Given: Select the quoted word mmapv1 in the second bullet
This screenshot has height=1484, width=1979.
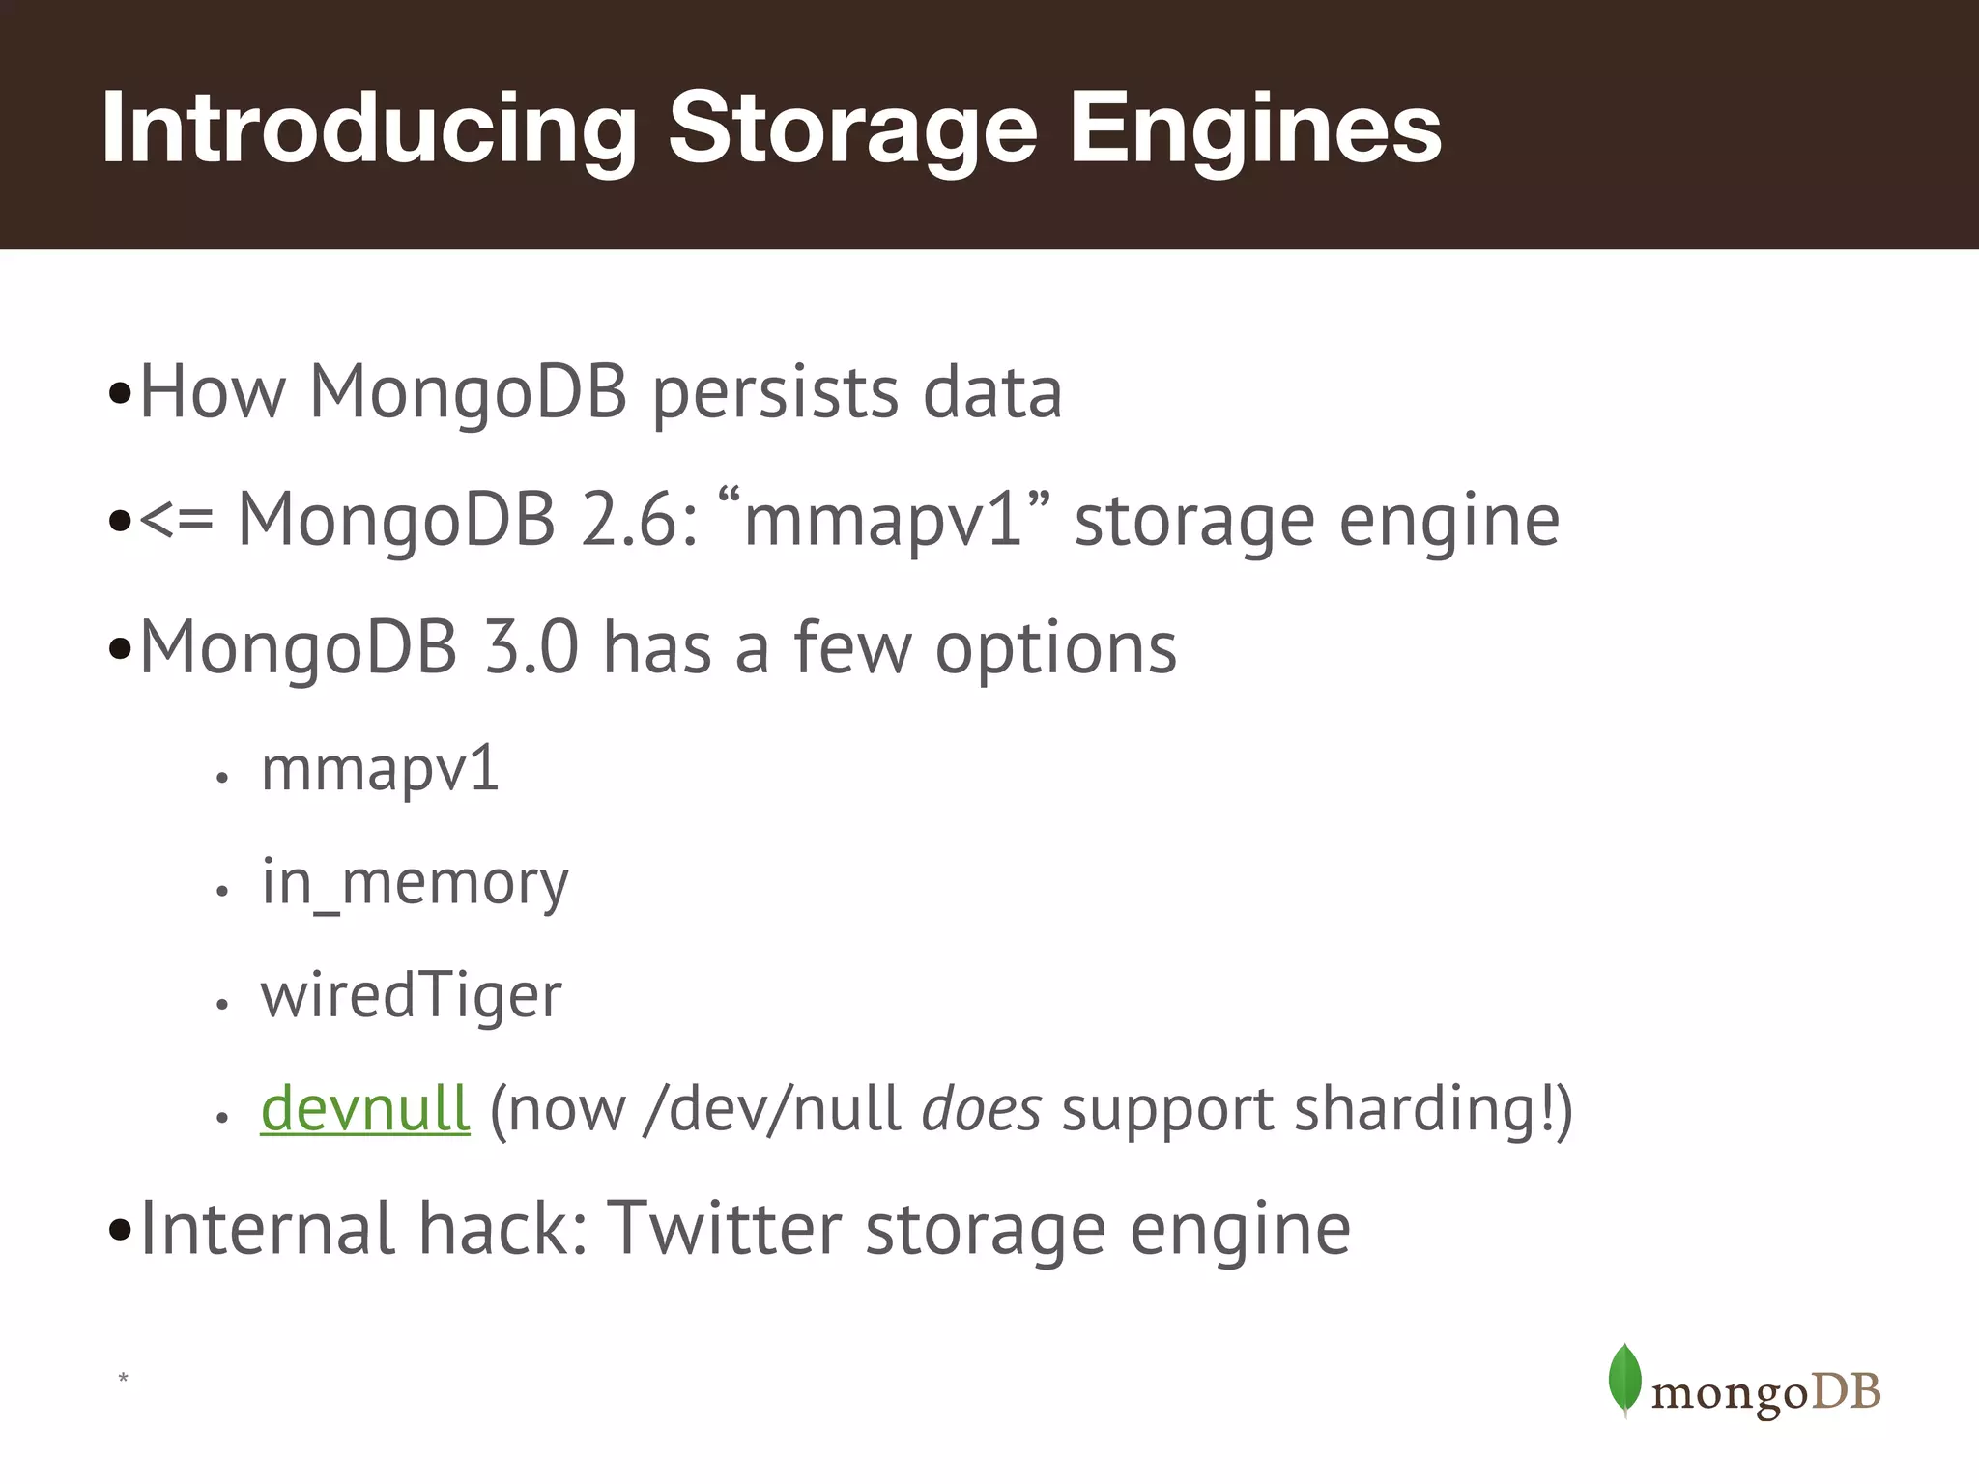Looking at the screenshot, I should pyautogui.click(x=883, y=520).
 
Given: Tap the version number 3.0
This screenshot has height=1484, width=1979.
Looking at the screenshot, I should pyautogui.click(x=531, y=647).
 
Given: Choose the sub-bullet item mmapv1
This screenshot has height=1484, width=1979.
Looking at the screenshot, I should pyautogui.click(x=380, y=770).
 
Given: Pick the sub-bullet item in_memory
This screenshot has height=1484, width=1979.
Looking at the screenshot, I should pyautogui.click(x=416, y=883).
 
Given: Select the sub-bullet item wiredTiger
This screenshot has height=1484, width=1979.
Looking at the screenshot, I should pyautogui.click(x=411, y=996).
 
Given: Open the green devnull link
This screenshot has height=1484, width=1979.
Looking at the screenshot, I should pyautogui.click(x=365, y=1108).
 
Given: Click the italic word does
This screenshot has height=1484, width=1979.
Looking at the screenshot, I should pyautogui.click(x=981, y=1109).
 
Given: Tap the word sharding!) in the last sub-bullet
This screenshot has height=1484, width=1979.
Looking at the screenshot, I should pyautogui.click(x=1433, y=1109).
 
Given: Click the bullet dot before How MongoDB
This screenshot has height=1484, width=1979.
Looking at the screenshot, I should pyautogui.click(x=120, y=394).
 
